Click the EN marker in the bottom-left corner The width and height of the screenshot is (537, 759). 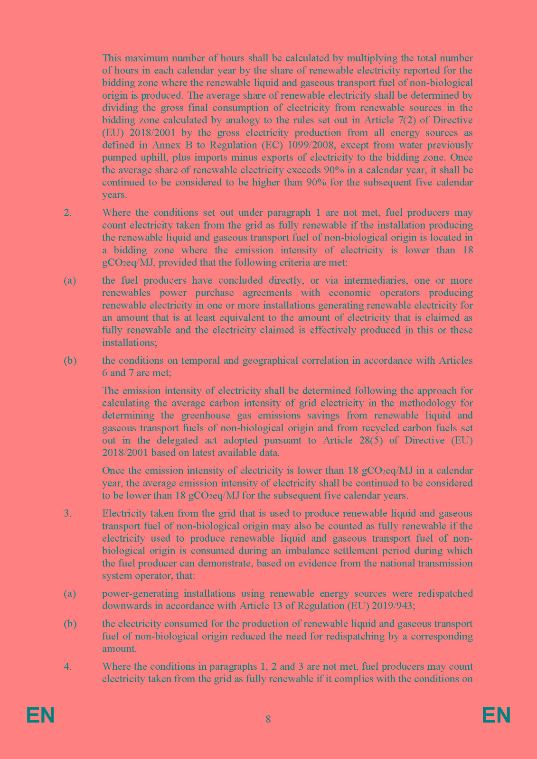tap(41, 715)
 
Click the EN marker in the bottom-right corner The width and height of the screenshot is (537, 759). tap(496, 715)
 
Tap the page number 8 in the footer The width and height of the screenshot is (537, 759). tap(268, 719)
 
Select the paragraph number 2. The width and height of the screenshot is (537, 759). tap(67, 213)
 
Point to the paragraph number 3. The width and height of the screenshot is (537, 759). tap(67, 513)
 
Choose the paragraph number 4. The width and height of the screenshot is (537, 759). tap(67, 666)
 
